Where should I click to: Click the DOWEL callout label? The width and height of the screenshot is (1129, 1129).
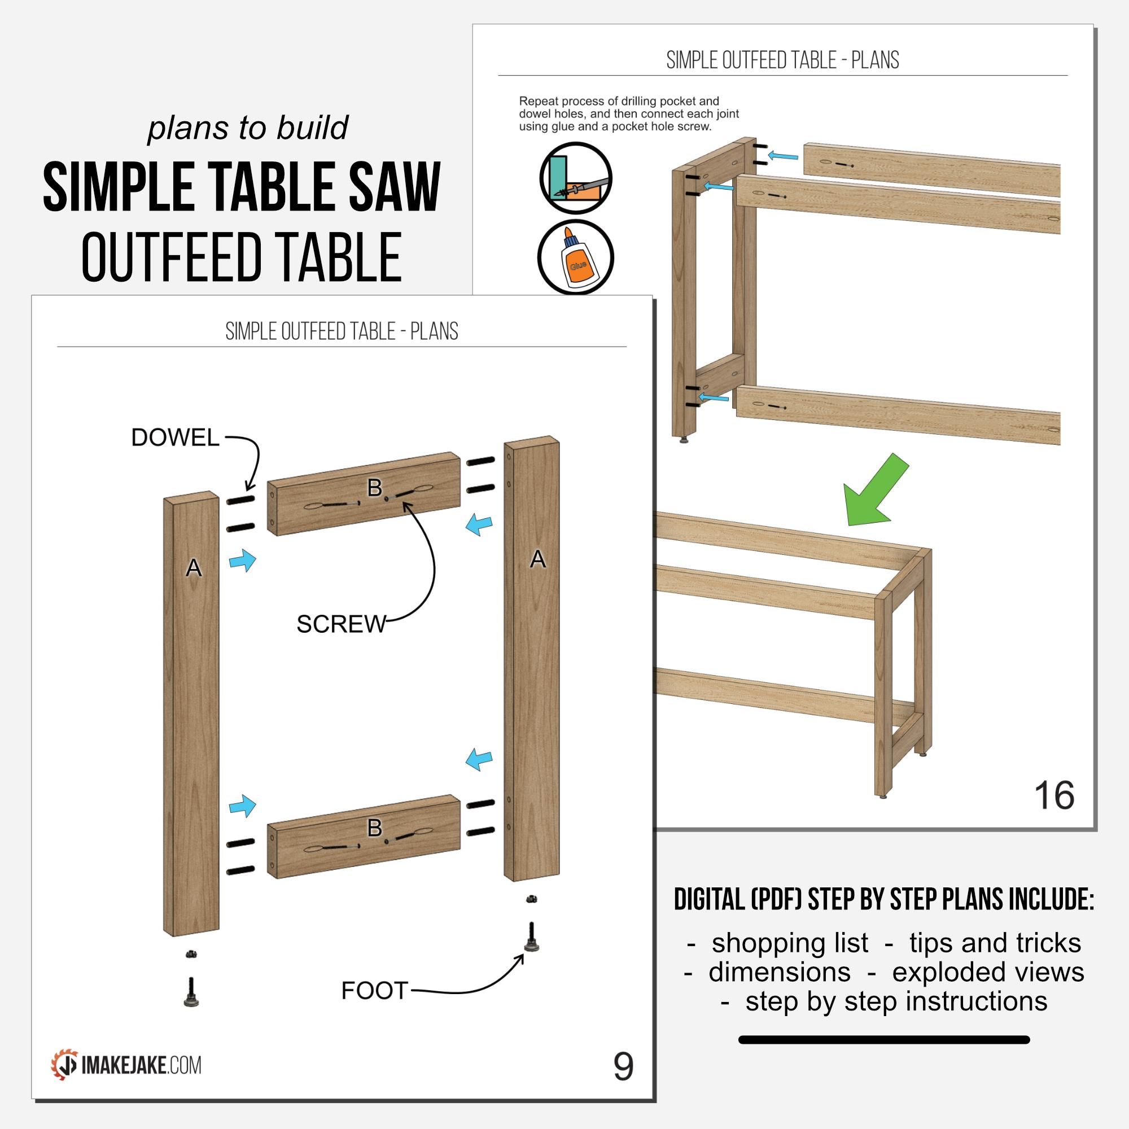pyautogui.click(x=175, y=437)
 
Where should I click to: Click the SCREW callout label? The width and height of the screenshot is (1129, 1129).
pyautogui.click(x=341, y=625)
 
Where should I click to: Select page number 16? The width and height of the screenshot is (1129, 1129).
pyautogui.click(x=1054, y=795)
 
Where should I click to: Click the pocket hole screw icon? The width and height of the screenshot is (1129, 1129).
pyautogui.click(x=576, y=178)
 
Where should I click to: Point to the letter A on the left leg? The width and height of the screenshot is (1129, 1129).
pyautogui.click(x=194, y=568)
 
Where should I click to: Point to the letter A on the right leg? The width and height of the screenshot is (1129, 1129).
pyautogui.click(x=537, y=560)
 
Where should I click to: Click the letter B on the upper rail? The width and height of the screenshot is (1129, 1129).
pyautogui.click(x=374, y=487)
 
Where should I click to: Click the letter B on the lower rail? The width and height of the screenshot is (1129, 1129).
pyautogui.click(x=374, y=828)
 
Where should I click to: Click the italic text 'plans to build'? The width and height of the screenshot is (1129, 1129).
pyautogui.click(x=248, y=128)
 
